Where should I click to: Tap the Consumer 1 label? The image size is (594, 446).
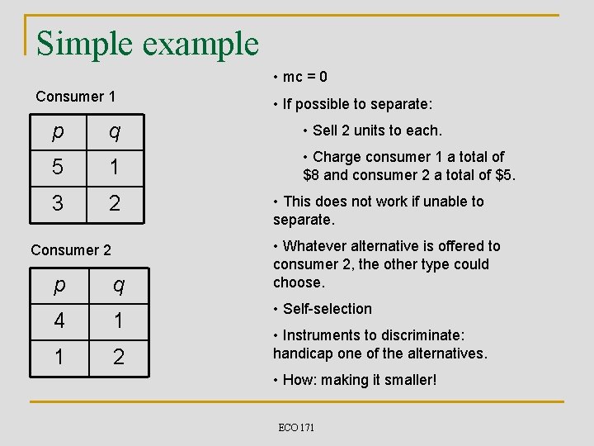75,97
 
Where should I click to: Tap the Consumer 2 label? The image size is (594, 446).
70,249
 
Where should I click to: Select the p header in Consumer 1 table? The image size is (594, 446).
56,131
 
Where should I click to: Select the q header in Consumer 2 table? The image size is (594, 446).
119,285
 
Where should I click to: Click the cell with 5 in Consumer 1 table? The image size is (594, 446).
56,167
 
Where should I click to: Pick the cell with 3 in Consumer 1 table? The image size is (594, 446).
56,203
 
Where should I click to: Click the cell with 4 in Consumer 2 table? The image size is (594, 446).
59,320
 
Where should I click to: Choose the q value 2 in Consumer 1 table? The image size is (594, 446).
115,203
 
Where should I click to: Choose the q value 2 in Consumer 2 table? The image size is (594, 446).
119,357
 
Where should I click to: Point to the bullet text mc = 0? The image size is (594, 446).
304,77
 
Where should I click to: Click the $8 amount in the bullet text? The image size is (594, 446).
313,174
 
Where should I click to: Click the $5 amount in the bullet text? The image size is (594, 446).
503,174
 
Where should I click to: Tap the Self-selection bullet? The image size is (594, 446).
327,309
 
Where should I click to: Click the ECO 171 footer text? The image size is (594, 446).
296,427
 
